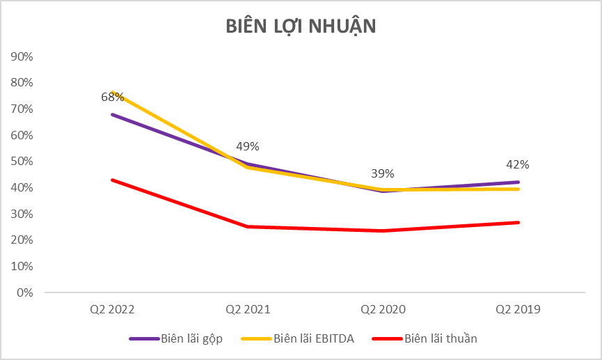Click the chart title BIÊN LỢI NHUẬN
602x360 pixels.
[x=301, y=26]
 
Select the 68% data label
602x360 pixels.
[x=112, y=97]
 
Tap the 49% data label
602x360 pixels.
[x=248, y=146]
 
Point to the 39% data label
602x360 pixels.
[x=382, y=173]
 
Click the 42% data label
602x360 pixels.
[x=518, y=165]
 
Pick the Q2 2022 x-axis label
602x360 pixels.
[x=112, y=308]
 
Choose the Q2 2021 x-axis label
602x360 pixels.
[x=247, y=308]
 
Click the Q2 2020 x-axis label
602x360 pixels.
[x=383, y=308]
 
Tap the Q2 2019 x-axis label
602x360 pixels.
[x=518, y=308]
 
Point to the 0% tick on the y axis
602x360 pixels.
[x=26, y=292]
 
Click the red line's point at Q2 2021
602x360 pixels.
[x=247, y=226]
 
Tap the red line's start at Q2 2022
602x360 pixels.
[x=112, y=180]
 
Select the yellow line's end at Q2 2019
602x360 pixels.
[x=518, y=189]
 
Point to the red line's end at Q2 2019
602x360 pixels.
[x=518, y=222]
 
